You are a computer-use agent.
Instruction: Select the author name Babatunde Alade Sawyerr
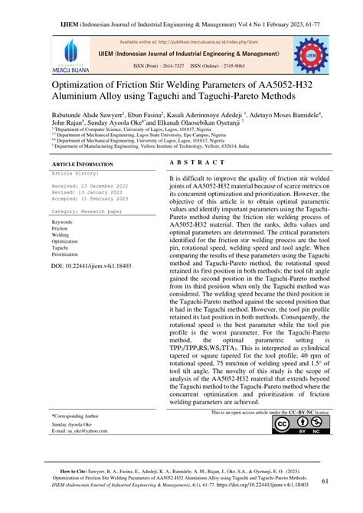point(93,113)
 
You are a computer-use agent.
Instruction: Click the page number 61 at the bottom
point(325,481)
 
